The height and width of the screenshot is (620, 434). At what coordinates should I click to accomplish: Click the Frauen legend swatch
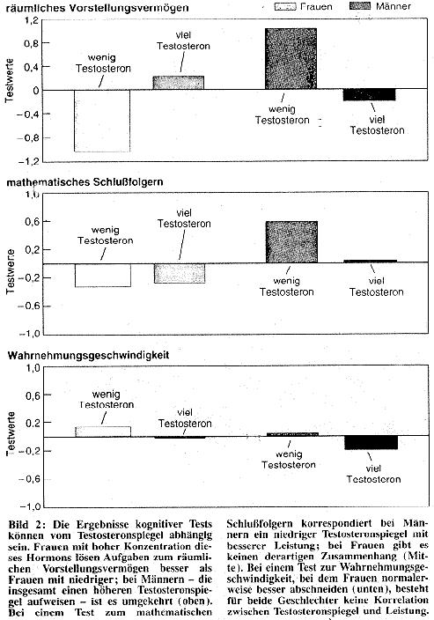tap(285, 6)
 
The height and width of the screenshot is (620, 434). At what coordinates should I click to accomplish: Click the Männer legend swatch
tap(360, 6)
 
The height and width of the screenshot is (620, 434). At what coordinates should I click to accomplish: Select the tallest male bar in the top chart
tap(291, 58)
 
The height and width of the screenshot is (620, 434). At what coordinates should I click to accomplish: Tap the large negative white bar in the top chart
tap(102, 121)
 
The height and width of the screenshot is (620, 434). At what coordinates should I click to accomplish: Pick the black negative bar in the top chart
tap(369, 95)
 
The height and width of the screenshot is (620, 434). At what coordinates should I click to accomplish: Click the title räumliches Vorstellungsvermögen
tap(98, 8)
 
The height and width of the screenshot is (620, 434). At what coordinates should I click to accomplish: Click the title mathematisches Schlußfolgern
tap(85, 182)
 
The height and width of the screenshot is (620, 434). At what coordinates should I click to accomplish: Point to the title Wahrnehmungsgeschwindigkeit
tap(88, 355)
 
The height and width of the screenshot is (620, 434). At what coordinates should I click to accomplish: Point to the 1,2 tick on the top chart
tap(32, 19)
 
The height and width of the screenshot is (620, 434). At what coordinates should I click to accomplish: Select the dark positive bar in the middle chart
tap(291, 242)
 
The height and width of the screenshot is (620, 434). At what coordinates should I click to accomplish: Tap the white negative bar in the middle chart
tap(103, 275)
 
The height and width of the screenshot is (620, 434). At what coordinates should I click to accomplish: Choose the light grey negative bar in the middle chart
tap(180, 273)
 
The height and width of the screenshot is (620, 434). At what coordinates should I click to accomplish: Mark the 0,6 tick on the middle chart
tap(33, 221)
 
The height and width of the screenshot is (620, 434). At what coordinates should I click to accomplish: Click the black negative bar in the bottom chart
tap(371, 442)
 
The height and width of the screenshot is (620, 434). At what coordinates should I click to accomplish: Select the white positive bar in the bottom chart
tap(103, 432)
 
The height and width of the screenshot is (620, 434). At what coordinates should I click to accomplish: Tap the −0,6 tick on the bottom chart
tap(29, 479)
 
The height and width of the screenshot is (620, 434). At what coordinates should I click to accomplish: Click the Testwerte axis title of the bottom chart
tap(11, 433)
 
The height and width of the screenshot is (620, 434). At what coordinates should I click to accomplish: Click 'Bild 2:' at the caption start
tap(27, 525)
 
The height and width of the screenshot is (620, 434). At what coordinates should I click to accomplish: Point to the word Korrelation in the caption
tap(398, 601)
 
